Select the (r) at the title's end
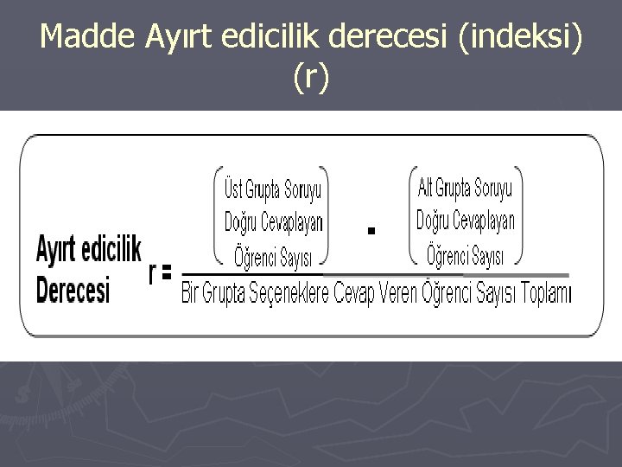pos(311,78)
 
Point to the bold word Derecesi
pos(73,289)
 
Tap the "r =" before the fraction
pos(161,273)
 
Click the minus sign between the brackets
pos(371,230)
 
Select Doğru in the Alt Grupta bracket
pos(433,221)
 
